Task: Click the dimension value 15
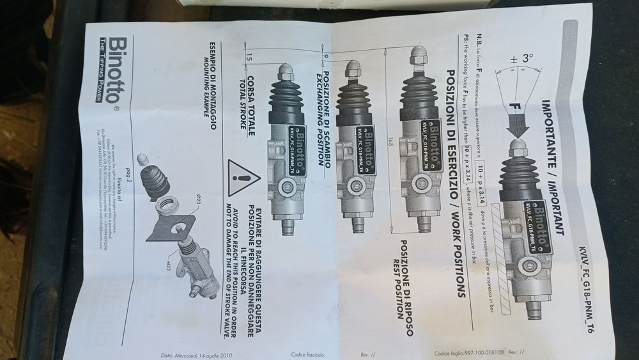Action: (x=247, y=59)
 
